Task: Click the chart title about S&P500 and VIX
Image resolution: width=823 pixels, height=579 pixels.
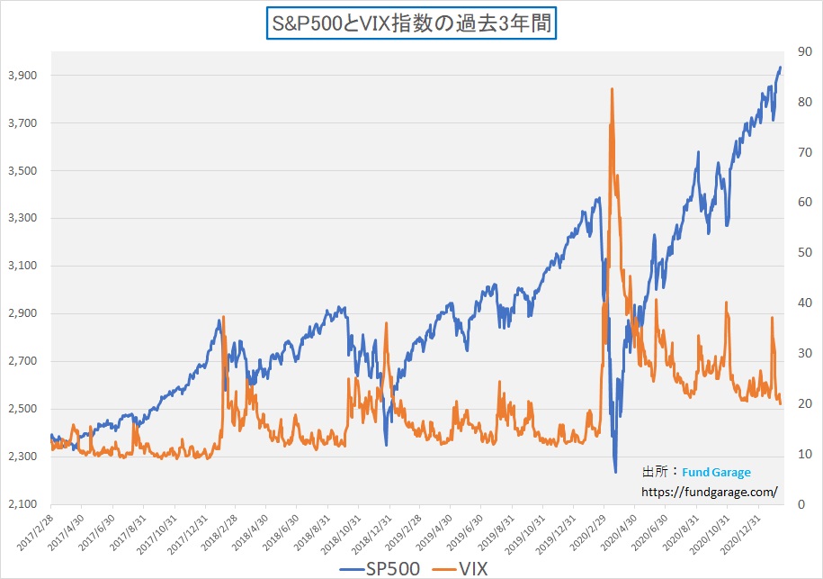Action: point(411,22)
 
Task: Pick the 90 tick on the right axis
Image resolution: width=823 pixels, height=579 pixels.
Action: point(794,52)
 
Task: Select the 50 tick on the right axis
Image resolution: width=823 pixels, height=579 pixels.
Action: point(794,253)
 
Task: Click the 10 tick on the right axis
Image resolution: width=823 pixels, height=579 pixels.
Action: point(794,455)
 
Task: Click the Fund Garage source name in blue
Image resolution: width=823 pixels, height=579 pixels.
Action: point(716,472)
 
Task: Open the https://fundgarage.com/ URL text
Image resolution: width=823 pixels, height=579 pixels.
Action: point(708,493)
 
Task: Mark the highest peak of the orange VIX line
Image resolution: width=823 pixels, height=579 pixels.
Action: point(612,88)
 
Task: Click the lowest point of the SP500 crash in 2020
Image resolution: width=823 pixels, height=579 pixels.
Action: point(615,472)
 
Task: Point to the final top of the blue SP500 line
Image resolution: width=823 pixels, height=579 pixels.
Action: point(780,67)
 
